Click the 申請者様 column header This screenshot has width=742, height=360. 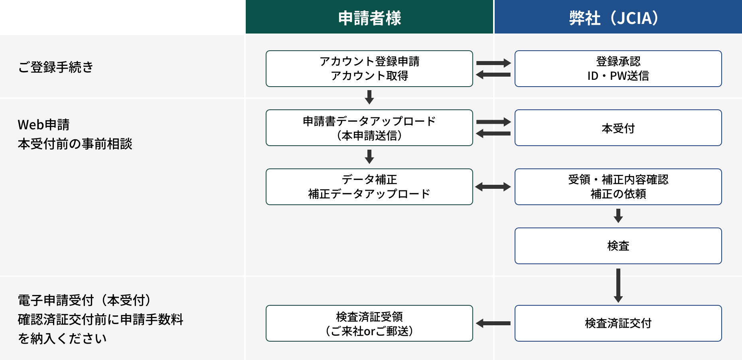point(369,18)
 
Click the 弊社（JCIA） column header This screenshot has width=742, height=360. point(618,18)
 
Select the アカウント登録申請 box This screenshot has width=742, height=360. point(369,69)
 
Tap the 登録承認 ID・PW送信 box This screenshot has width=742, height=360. point(618,69)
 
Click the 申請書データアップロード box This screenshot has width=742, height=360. point(369,128)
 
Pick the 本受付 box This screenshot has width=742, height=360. point(618,128)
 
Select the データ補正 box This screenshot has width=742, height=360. point(369,187)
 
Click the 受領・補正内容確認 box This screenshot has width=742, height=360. point(618,187)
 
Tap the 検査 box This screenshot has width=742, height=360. point(618,246)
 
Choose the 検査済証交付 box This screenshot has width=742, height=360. point(618,323)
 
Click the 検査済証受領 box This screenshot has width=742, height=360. point(369,323)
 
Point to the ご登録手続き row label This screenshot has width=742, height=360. point(56,67)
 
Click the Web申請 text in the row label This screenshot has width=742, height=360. point(44,125)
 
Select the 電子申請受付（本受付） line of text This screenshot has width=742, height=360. point(85,300)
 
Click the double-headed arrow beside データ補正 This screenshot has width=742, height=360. point(493,187)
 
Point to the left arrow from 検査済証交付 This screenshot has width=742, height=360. point(493,323)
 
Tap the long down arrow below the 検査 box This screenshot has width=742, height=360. point(618,285)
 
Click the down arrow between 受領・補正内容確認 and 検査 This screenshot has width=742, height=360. point(618,216)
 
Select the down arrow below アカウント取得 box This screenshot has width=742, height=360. point(369,97)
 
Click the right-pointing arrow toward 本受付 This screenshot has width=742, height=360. point(493,122)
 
